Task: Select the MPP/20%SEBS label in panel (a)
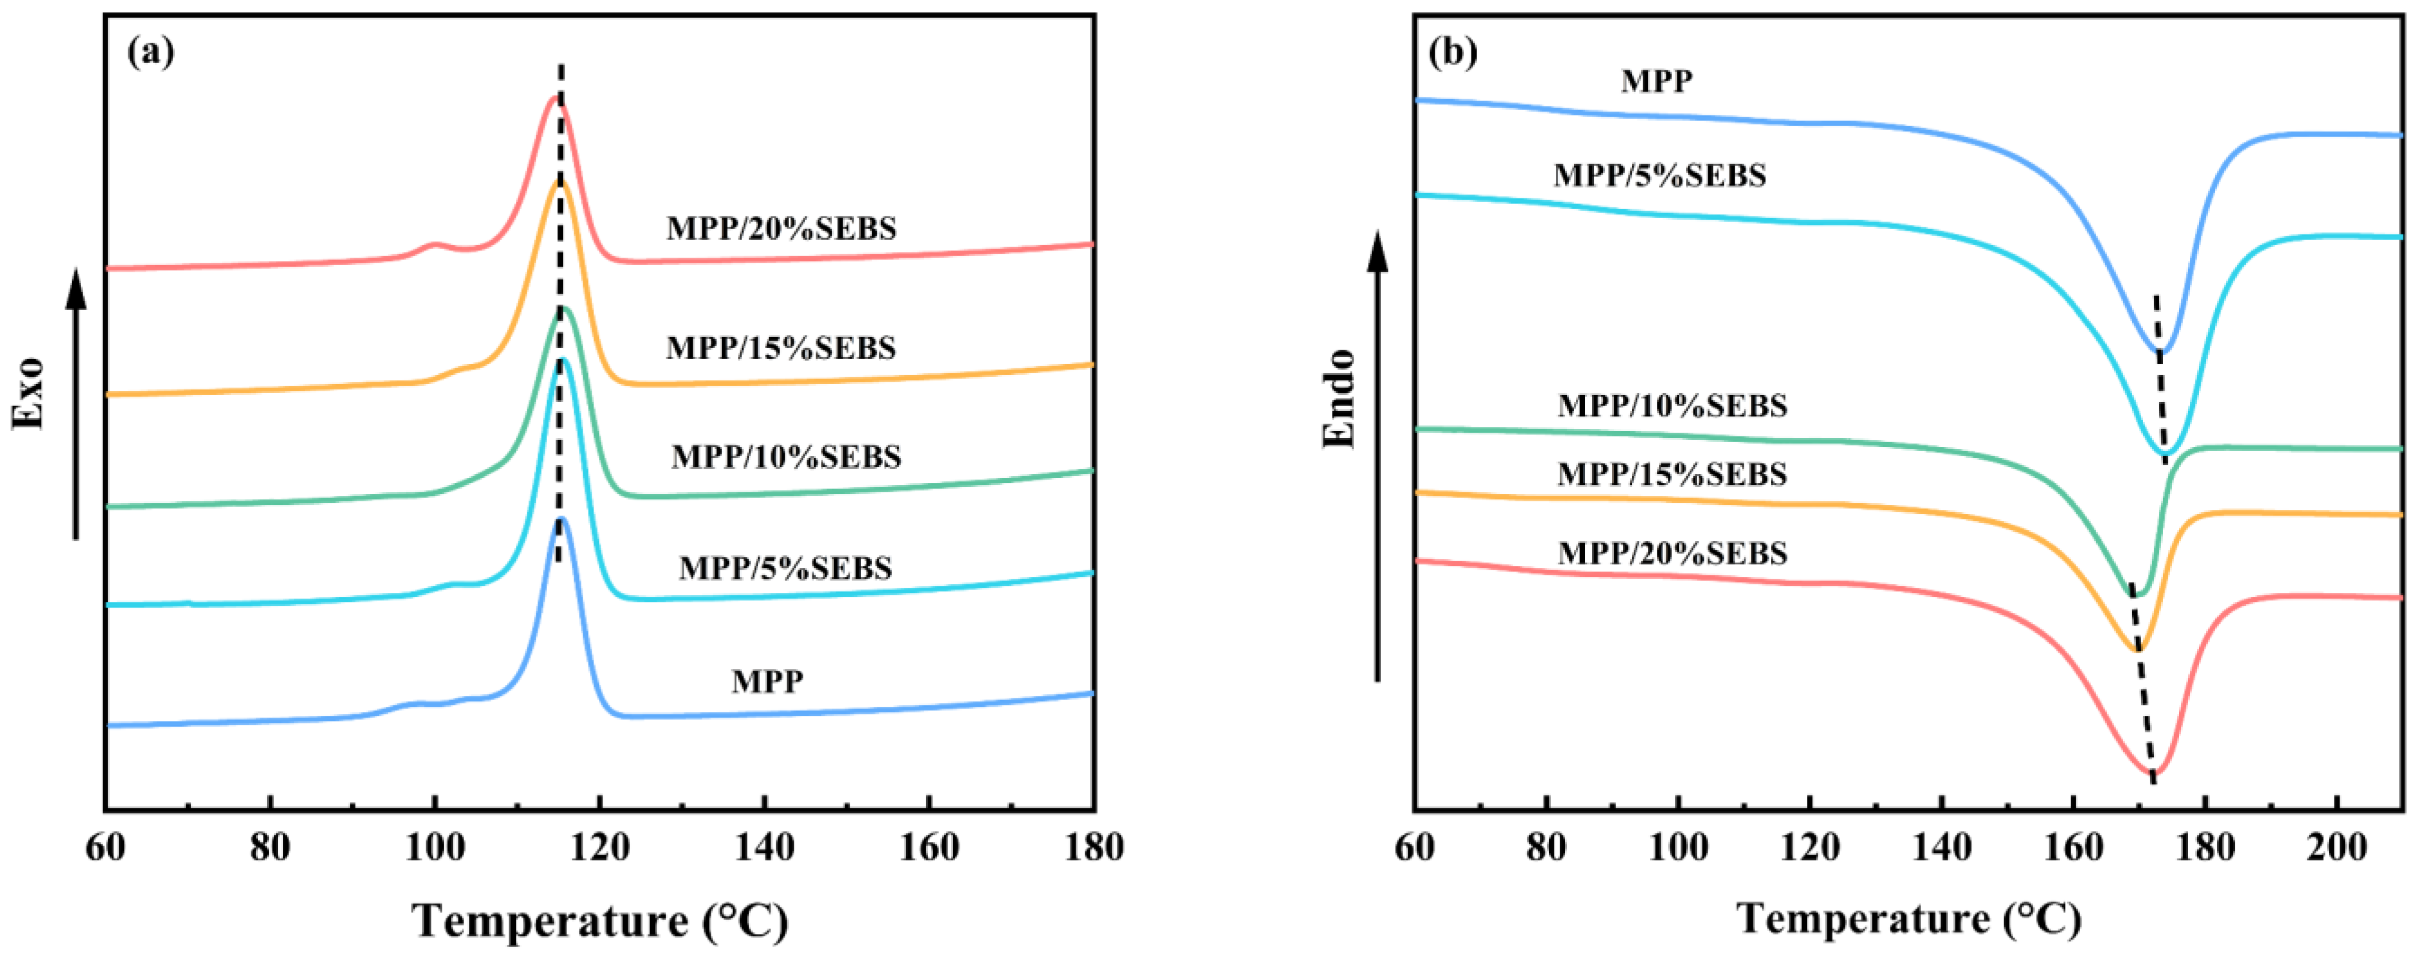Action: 781,228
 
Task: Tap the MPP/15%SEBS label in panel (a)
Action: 781,348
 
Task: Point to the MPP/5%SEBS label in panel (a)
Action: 785,568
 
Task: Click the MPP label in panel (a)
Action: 767,680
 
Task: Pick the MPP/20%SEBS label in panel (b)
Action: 1672,554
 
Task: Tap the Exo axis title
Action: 28,393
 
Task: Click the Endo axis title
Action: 1339,398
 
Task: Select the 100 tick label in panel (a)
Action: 434,848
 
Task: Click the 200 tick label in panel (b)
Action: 2337,848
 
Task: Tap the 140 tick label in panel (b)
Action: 1942,848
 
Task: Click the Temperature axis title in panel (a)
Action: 600,921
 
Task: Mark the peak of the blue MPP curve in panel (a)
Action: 562,519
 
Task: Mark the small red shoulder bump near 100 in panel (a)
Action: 434,245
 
